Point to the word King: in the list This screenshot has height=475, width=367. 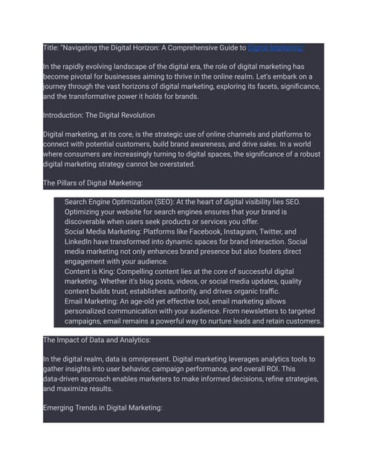click(x=117, y=273)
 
